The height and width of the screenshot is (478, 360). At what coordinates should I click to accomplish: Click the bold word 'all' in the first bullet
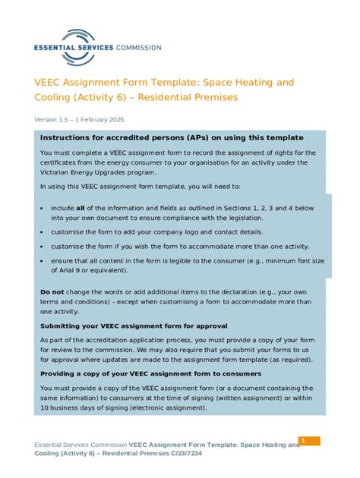[80, 207]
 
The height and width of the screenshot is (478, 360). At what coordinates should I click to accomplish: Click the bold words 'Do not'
[52, 292]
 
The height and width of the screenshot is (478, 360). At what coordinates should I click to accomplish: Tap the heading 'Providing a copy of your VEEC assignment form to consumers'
[150, 374]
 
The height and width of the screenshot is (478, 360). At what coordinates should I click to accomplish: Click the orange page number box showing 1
[309, 441]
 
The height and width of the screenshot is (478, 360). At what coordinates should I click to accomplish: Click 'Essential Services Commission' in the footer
[81, 445]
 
